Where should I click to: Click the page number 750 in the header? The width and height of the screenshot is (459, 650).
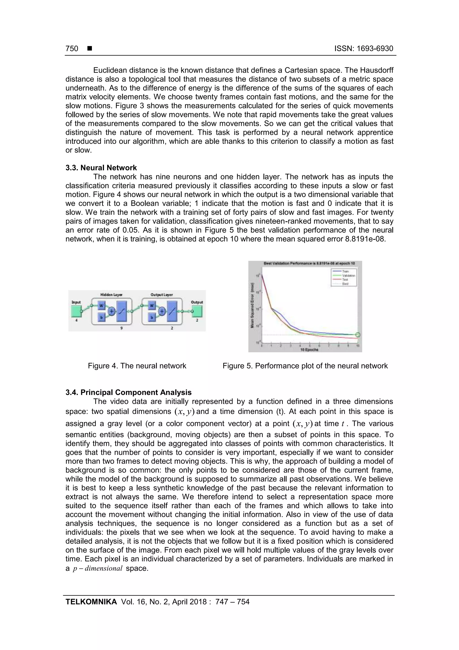coord(72,48)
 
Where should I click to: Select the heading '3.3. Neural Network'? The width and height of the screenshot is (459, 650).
coord(101,168)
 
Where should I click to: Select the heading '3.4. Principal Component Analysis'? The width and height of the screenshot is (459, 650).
coord(128,392)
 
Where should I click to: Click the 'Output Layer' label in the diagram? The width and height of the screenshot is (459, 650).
coord(162,295)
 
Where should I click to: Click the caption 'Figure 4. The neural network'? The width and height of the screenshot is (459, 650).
coord(137,366)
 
